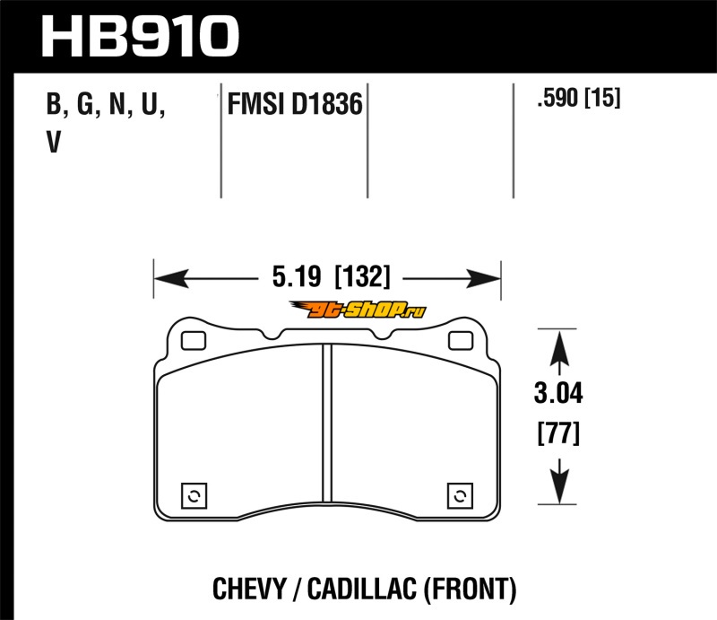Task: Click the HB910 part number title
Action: [141, 36]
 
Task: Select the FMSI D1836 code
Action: [295, 104]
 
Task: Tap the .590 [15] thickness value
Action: [579, 98]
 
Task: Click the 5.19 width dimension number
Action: [297, 277]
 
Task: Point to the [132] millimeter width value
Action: [363, 277]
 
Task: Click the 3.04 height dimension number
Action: [558, 393]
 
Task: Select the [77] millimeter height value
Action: [558, 433]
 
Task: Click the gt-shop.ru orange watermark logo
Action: [358, 310]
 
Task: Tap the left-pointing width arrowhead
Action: [171, 278]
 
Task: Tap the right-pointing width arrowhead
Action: [483, 278]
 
